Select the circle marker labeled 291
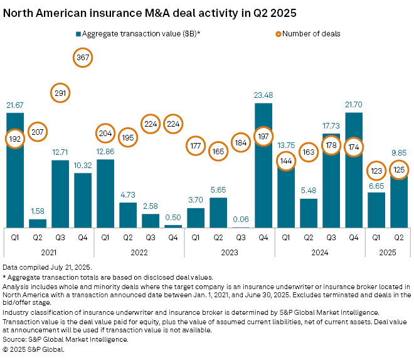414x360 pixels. pyautogui.click(x=60, y=93)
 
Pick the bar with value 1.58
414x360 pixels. pyautogui.click(x=38, y=223)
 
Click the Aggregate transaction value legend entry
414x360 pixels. pyautogui.click(x=137, y=33)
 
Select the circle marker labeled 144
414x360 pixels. pyautogui.click(x=286, y=161)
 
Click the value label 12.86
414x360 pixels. pyautogui.click(x=105, y=151)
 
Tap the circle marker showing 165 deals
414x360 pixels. pyautogui.click(x=218, y=151)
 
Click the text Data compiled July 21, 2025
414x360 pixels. pyautogui.click(x=44, y=267)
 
